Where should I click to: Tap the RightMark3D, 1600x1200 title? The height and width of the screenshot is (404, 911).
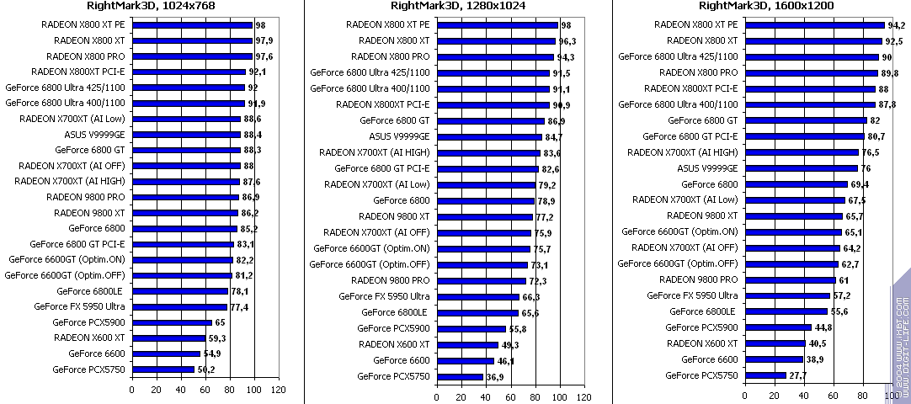(763, 8)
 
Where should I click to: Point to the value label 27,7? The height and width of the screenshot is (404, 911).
(797, 375)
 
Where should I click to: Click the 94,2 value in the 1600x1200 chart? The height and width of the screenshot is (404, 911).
(897, 25)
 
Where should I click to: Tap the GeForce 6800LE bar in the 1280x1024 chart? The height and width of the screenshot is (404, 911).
(477, 312)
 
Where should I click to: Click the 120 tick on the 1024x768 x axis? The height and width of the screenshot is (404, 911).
(277, 390)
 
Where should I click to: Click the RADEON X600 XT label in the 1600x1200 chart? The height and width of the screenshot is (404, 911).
(702, 343)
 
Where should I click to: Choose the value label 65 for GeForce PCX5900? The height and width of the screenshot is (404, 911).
(220, 322)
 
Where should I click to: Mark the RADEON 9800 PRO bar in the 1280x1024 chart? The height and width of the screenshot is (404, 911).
(481, 280)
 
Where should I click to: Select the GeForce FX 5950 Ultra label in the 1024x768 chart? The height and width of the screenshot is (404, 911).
(80, 306)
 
